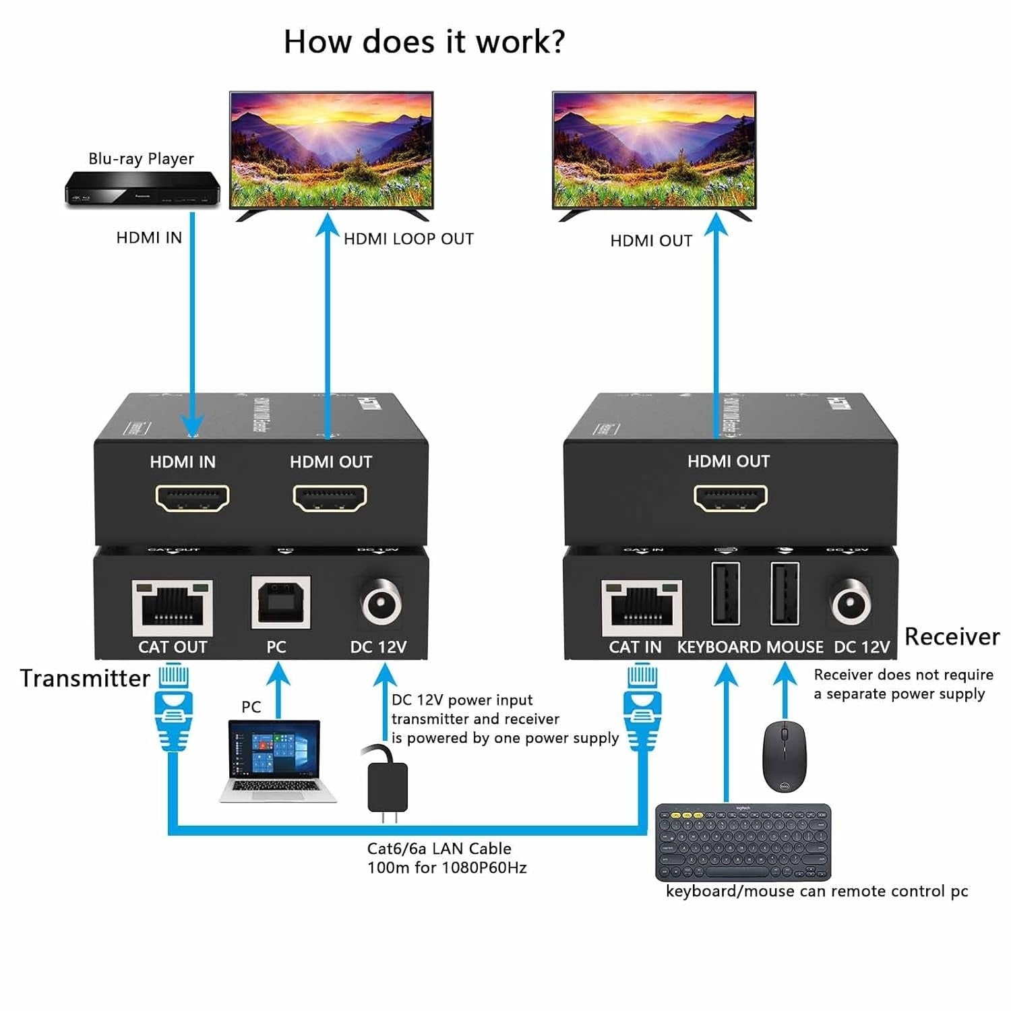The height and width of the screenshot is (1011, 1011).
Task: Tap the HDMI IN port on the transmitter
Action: [193, 498]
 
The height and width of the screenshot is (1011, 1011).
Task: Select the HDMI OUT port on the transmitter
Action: [330, 498]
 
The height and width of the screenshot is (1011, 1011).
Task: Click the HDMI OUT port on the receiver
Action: [731, 498]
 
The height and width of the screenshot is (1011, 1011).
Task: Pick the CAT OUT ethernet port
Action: [173, 606]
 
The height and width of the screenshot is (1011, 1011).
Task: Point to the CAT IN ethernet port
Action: [641, 606]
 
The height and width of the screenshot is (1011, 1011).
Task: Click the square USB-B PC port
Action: [280, 602]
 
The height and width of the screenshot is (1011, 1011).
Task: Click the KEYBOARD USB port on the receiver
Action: [725, 594]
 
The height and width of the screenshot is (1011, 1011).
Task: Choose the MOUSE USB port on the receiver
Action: [785, 594]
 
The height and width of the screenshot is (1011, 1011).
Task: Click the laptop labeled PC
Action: [276, 761]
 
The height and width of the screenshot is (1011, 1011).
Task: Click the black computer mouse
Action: [784, 756]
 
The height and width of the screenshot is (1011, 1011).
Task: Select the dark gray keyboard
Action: [743, 842]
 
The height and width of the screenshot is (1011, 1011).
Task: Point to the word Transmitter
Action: [85, 678]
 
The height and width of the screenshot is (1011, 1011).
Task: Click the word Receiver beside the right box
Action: [952, 636]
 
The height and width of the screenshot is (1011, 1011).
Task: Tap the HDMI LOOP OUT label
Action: [408, 239]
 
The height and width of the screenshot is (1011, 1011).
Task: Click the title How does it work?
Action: [424, 42]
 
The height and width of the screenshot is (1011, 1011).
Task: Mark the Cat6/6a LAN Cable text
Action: [439, 849]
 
